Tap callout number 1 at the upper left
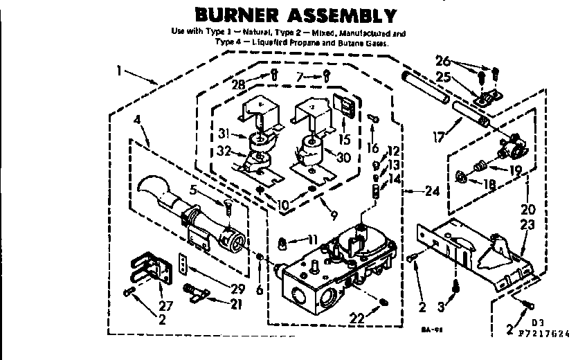121,69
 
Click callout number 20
527,209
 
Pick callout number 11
312,240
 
